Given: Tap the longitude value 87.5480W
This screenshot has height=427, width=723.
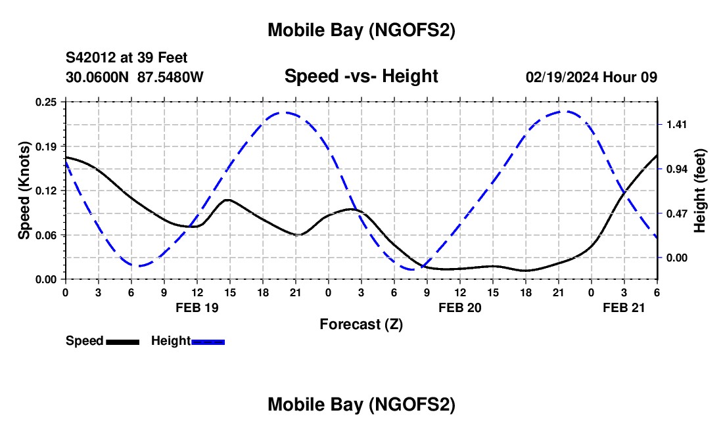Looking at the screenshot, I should tap(171, 78).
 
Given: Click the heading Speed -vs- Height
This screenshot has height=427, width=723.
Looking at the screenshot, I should tap(361, 77).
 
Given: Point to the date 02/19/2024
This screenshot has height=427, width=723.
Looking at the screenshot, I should tap(561, 78).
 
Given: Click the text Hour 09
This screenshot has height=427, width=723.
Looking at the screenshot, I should tap(634, 78).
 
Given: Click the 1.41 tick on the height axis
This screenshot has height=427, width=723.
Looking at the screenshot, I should tap(676, 125).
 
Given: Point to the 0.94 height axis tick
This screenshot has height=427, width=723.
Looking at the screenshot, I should tap(676, 169).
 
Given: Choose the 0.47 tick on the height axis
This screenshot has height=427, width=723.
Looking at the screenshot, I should tap(676, 213).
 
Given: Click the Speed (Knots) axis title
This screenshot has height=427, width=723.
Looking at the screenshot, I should tap(24, 190).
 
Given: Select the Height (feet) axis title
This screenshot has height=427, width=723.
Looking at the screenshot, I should tap(699, 191).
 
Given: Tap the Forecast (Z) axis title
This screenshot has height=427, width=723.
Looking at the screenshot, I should tap(361, 324).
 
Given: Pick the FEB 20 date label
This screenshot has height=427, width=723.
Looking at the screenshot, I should tap(459, 307).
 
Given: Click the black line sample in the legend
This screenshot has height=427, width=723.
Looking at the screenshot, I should tap(122, 342).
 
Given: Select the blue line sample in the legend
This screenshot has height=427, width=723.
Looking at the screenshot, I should tap(208, 342).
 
